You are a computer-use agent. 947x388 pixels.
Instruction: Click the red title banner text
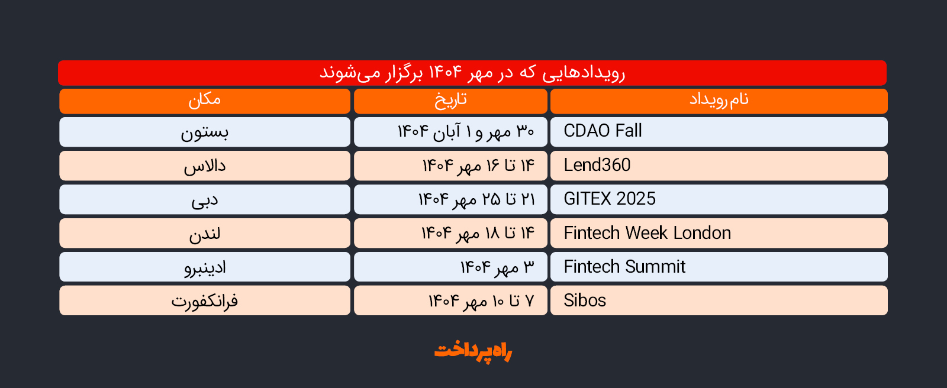(472, 73)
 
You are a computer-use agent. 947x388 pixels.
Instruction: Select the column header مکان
(205, 100)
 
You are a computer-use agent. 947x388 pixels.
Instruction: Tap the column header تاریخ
(450, 101)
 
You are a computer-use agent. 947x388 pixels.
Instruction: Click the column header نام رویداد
(719, 100)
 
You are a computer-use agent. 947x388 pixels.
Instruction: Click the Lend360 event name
(597, 165)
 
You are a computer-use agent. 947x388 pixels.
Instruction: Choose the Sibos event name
(585, 300)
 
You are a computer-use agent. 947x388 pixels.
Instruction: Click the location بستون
(205, 132)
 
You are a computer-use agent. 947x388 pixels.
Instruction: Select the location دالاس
(205, 166)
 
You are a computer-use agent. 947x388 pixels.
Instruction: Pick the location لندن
(205, 234)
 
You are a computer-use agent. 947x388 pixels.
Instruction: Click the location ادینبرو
(205, 267)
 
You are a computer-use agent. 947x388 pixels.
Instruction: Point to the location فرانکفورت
(205, 302)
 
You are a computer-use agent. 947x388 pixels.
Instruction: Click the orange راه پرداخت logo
(473, 351)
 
